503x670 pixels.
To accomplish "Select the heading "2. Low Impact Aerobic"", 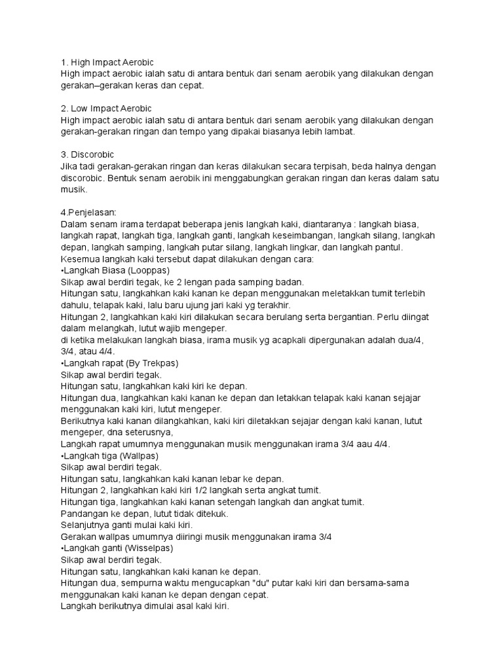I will click(105, 108).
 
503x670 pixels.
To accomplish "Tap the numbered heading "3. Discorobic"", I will click(87, 155).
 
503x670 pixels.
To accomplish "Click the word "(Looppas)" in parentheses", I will click(149, 270).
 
